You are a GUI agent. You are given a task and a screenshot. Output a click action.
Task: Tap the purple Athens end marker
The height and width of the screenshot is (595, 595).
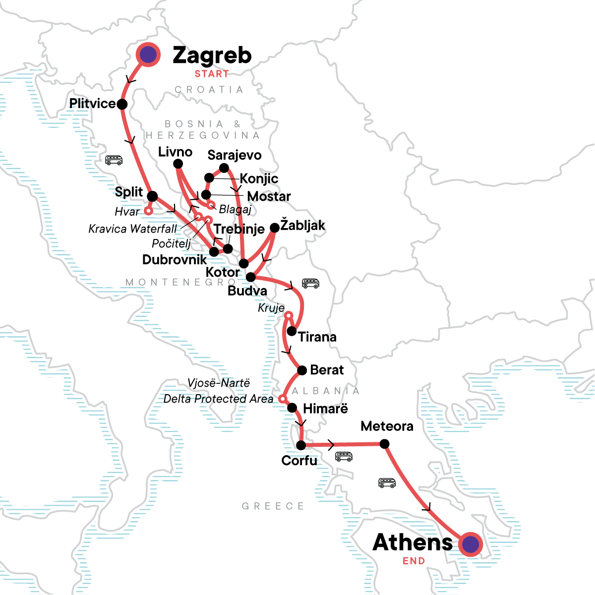470,544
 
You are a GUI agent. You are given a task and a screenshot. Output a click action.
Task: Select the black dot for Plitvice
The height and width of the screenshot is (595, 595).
122,104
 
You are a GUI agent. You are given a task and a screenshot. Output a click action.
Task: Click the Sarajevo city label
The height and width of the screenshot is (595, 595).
235,155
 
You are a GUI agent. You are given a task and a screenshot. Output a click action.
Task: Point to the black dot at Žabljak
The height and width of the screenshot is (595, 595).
274,228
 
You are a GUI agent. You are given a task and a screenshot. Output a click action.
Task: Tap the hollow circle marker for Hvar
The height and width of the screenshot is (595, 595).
148,211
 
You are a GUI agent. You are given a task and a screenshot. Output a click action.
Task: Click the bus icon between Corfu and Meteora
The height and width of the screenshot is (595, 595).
344,456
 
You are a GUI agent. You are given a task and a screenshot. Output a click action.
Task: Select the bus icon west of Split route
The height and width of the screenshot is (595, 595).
114,160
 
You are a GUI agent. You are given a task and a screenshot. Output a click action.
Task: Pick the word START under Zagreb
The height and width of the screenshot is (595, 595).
212,74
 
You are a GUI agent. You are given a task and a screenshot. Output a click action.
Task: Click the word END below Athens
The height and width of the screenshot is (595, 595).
414,561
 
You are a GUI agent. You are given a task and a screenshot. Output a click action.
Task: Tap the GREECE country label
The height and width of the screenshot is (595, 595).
273,506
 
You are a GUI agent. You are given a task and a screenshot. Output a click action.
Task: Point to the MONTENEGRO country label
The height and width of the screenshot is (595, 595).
181,282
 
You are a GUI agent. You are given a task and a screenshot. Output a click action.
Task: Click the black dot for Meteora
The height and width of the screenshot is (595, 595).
384,444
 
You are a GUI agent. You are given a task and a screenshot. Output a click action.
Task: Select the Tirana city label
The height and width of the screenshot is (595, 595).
317,337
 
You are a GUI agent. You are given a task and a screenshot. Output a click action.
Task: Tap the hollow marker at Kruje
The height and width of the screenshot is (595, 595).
289,316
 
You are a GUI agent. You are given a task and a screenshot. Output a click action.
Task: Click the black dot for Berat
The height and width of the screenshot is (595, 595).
301,370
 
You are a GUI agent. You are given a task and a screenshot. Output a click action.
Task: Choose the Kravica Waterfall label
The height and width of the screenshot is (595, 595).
132,229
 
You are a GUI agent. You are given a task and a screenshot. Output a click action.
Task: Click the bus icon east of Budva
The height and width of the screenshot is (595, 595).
310,283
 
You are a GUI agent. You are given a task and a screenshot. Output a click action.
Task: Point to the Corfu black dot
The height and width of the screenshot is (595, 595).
301,445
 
